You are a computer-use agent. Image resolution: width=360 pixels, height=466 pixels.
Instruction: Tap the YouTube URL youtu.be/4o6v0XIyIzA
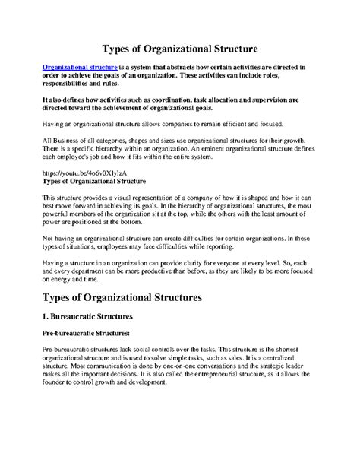click(79, 174)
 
